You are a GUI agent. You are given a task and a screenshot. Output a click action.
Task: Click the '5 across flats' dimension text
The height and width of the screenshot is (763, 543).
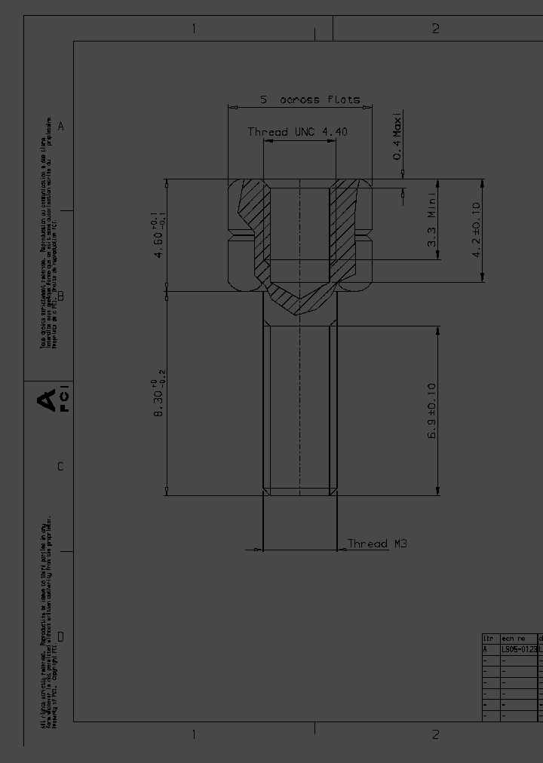pos(310,100)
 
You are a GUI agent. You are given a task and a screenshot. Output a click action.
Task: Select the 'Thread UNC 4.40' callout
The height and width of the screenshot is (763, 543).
pos(297,132)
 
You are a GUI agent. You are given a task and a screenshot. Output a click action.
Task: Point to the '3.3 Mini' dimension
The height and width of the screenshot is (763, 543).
pos(431,219)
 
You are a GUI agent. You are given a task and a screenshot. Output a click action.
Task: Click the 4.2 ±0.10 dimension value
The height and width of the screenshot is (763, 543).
pos(476,230)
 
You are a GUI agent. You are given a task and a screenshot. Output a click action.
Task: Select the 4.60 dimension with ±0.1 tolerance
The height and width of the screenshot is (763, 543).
pos(158,236)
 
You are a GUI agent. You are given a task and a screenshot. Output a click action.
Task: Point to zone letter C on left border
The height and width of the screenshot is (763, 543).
pos(61,467)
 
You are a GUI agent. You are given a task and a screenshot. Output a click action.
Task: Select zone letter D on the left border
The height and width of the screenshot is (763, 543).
pos(61,637)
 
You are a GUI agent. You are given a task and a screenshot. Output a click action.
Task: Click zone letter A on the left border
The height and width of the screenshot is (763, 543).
pos(61,126)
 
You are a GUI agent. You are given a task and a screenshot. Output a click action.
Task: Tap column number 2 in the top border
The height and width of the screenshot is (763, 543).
pos(435,29)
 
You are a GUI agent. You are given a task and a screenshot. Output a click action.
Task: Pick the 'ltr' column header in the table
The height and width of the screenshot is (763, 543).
pos(489,639)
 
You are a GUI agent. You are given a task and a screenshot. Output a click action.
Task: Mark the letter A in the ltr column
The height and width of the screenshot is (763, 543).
pos(486,648)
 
